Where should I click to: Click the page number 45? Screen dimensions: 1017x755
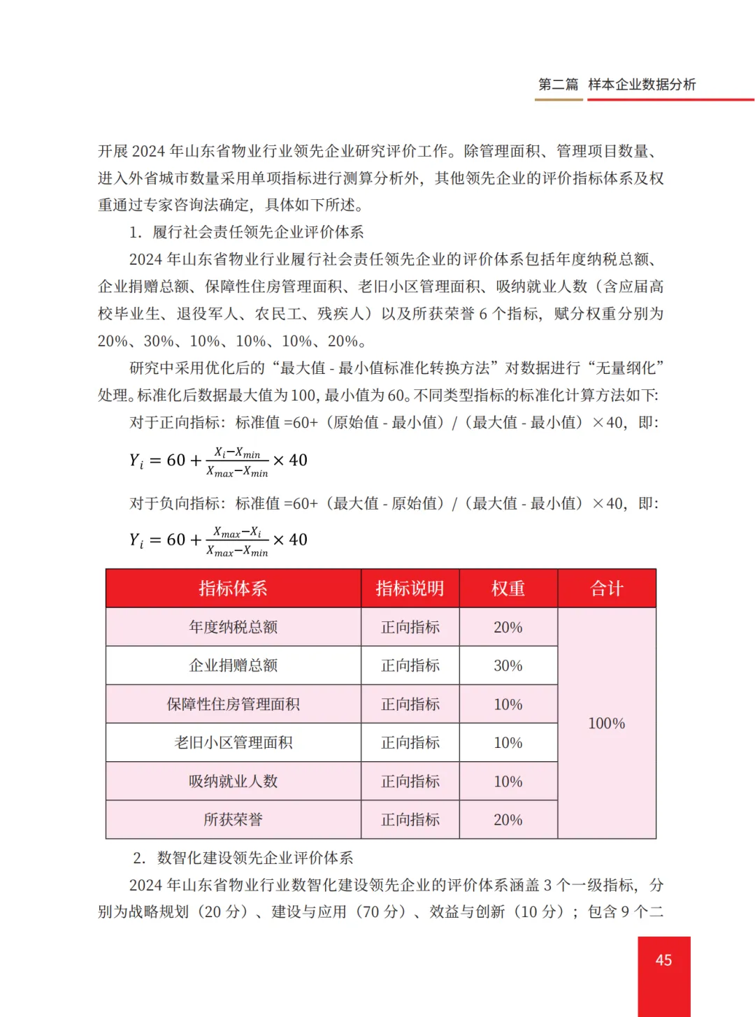[663, 960]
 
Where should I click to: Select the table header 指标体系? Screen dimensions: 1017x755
[233, 589]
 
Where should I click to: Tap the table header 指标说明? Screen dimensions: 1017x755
[410, 589]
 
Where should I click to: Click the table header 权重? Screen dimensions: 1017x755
[508, 589]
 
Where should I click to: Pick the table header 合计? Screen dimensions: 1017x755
[607, 589]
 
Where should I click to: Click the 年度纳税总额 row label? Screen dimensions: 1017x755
[233, 627]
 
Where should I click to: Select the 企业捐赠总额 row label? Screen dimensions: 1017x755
[233, 665]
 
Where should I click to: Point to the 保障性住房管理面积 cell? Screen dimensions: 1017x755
[233, 704]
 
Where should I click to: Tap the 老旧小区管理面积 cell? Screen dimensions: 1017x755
[233, 742]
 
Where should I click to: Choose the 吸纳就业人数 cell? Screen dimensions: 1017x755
[233, 781]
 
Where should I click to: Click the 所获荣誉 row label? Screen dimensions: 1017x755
[233, 819]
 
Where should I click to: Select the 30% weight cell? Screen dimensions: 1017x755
[508, 665]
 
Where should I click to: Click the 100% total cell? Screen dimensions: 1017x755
[607, 723]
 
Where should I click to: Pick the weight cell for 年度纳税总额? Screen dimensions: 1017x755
[508, 627]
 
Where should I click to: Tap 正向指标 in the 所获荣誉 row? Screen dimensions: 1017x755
[410, 819]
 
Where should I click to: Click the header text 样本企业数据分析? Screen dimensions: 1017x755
[642, 85]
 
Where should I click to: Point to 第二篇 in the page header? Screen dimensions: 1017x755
[558, 85]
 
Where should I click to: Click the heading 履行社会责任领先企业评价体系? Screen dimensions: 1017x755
[258, 232]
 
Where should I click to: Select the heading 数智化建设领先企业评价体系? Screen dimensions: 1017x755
[255, 858]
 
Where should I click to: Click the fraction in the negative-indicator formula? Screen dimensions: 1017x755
[237, 542]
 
